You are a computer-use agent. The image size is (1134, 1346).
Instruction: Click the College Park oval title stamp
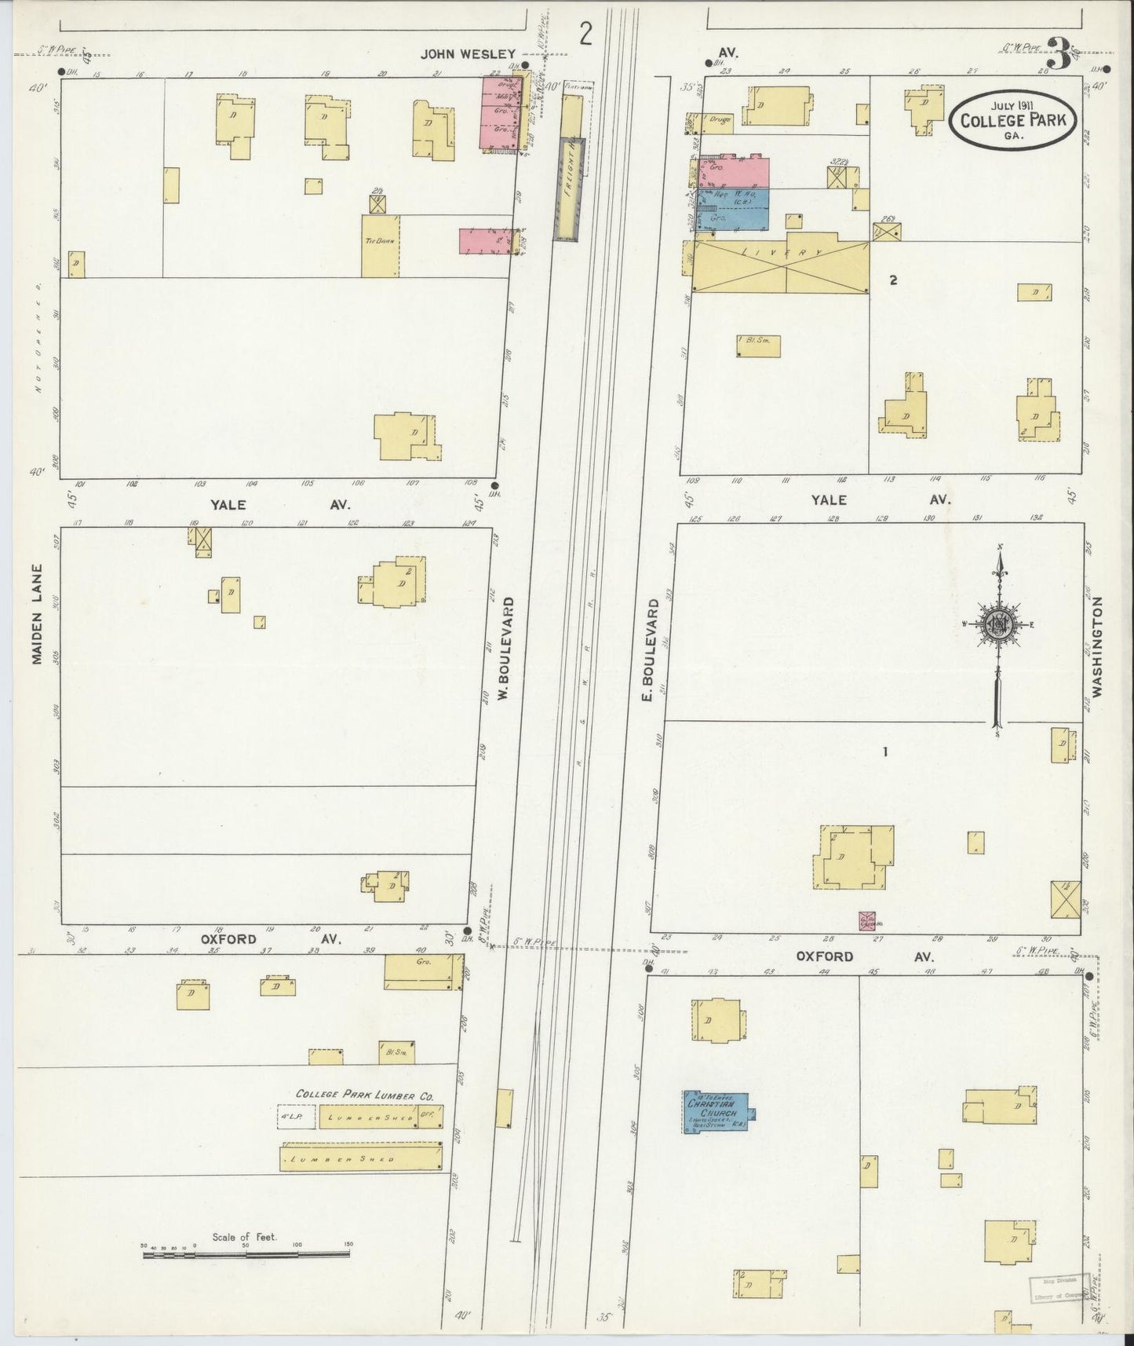coord(1011,120)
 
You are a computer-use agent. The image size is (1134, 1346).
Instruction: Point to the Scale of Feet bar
coord(246,1255)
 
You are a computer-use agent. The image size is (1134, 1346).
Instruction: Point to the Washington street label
coord(1098,647)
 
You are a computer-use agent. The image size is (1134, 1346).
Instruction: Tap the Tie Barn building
coord(379,245)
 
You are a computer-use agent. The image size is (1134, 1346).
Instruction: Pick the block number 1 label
coord(884,752)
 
